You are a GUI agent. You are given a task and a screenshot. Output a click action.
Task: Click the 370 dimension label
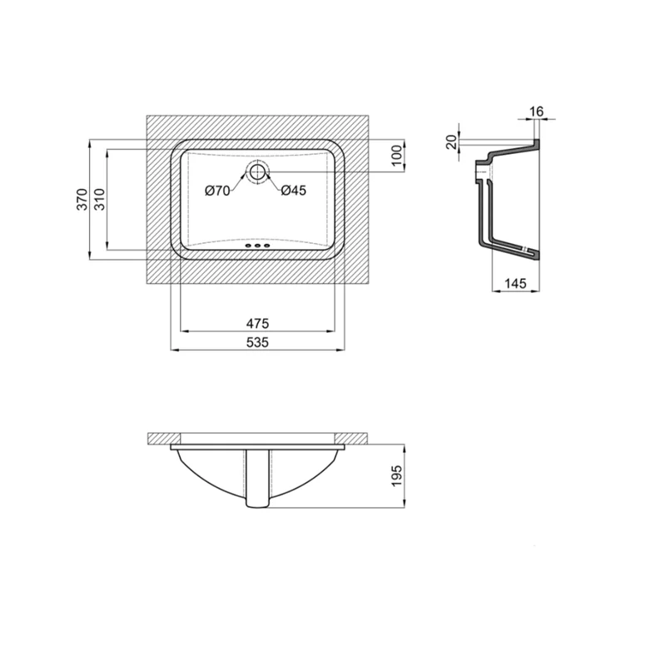click(x=82, y=199)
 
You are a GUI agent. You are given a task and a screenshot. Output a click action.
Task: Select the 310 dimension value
click(x=99, y=199)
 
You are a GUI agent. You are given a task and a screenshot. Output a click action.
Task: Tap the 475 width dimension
click(x=258, y=324)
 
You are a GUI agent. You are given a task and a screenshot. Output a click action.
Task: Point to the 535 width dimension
click(x=258, y=342)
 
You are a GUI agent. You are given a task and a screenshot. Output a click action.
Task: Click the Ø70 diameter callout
click(x=217, y=191)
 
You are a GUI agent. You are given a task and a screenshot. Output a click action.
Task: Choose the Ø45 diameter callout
click(x=294, y=191)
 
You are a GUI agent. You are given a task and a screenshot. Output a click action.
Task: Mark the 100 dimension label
click(x=396, y=156)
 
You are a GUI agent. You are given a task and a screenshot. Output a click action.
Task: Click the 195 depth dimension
click(x=396, y=476)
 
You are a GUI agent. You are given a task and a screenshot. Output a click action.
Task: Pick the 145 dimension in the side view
click(x=515, y=283)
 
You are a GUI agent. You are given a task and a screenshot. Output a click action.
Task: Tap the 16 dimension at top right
click(x=536, y=112)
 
